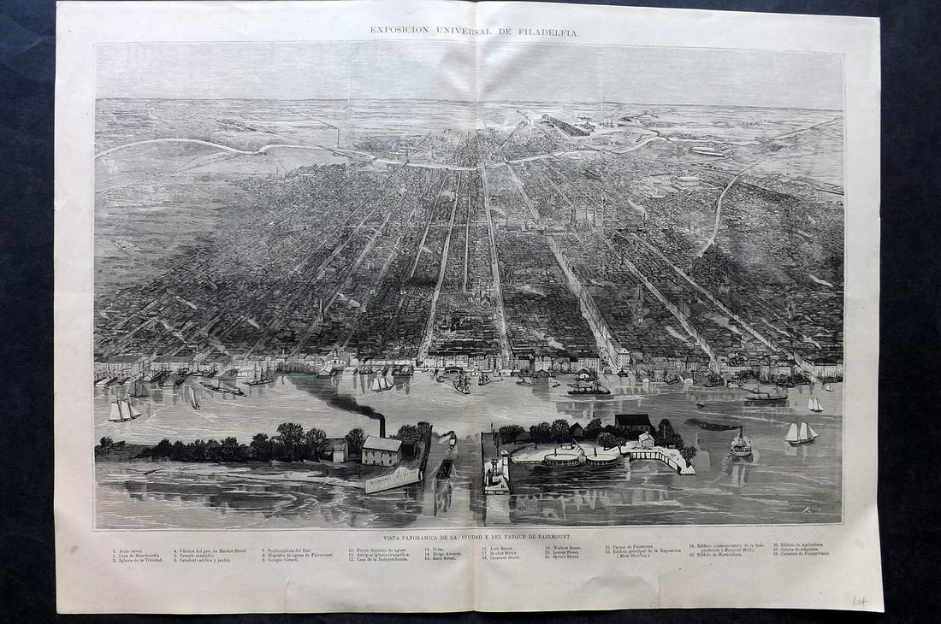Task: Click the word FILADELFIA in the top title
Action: (547, 31)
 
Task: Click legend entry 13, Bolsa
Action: (432, 548)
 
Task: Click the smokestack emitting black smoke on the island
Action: (382, 426)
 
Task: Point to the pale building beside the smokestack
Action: (382, 450)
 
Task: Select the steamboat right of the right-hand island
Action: (741, 444)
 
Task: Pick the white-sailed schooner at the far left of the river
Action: (123, 410)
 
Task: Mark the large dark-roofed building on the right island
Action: (634, 421)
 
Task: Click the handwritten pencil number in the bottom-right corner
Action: (859, 602)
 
